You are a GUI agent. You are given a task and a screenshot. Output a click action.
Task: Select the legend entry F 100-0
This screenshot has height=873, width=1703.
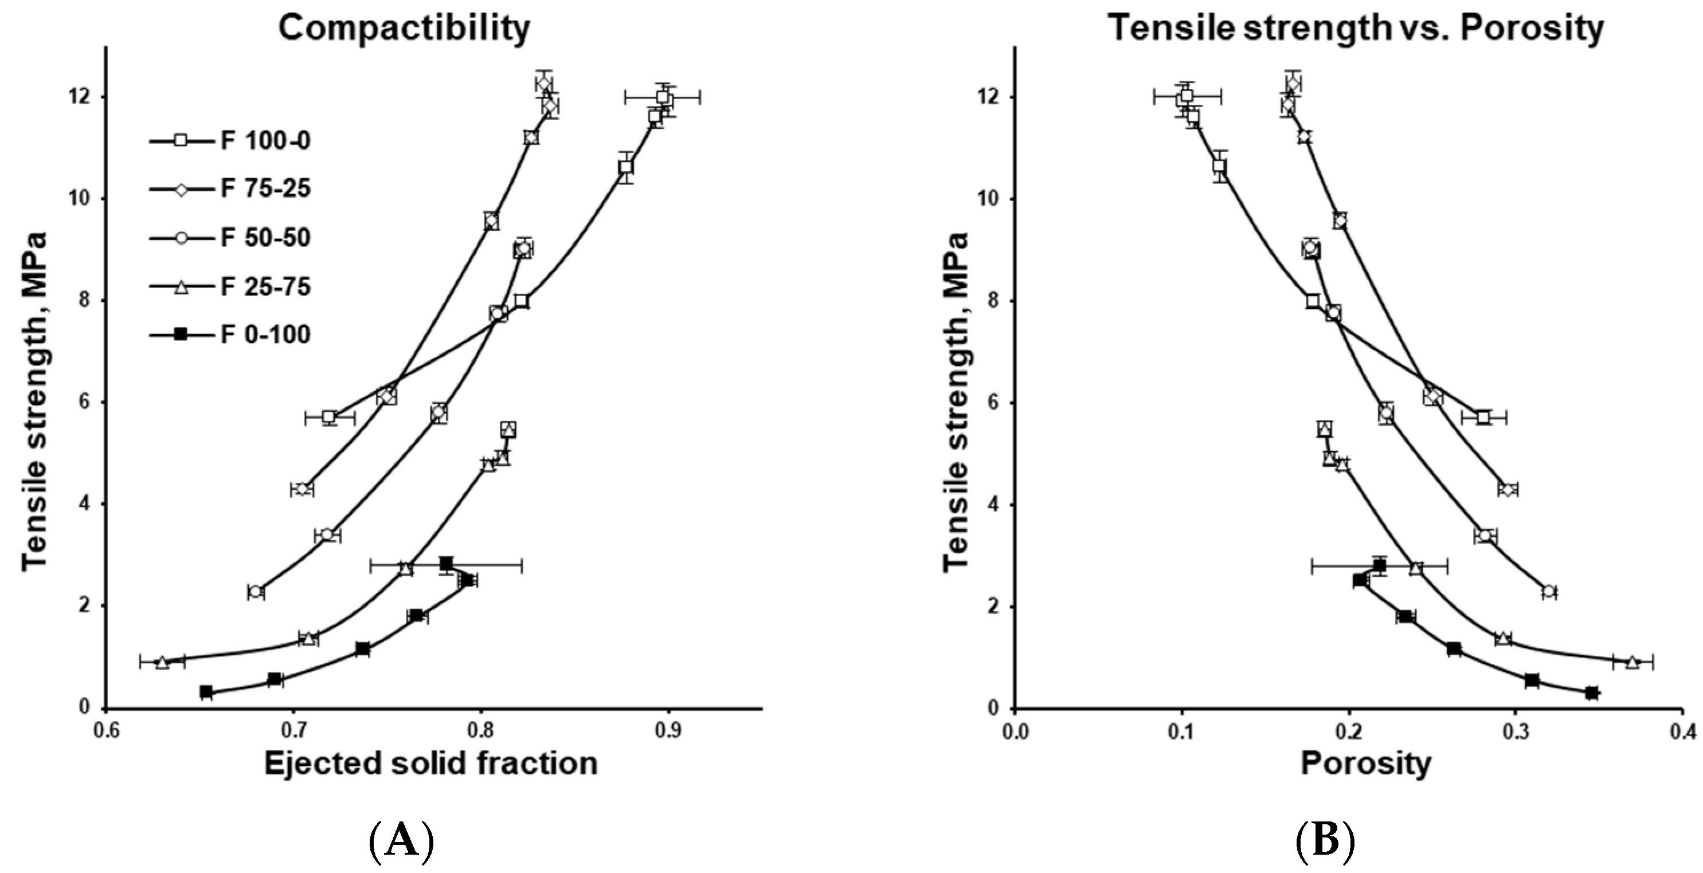click(264, 141)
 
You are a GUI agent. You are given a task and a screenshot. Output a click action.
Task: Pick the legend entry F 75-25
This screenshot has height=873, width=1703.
click(264, 189)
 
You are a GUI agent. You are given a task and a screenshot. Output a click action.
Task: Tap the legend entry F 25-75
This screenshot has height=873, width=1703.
click(264, 287)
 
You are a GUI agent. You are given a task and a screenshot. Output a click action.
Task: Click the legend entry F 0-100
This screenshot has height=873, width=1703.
click(264, 335)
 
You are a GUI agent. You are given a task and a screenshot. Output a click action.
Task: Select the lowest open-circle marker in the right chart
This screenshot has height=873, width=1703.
click(1549, 591)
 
